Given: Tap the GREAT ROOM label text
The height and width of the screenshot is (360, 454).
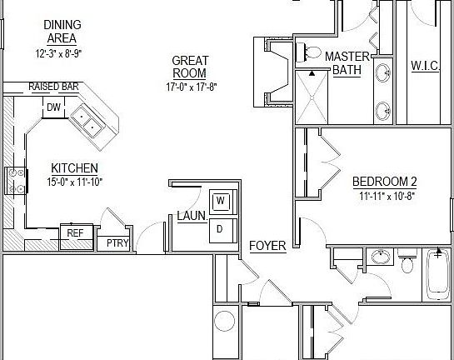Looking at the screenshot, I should tap(190, 67).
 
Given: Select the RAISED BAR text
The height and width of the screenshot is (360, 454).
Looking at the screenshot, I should tap(52, 87).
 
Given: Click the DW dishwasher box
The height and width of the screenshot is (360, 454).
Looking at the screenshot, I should tap(53, 107).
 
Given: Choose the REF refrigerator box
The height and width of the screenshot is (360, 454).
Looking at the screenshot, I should tap(75, 233).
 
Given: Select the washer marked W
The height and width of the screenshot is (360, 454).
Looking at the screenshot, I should tap(221, 201).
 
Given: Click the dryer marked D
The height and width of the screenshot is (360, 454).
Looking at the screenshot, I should tap(221, 227).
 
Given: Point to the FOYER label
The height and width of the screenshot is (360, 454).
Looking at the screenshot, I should tap(267, 246).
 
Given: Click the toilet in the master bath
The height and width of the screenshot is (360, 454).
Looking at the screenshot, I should tap(312, 52).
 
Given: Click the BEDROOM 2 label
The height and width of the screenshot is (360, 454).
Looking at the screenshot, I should tap(384, 182).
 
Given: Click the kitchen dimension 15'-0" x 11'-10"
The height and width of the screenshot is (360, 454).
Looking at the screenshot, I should tap(75, 182).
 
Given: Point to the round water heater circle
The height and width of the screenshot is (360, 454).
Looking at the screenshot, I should tap(225, 321).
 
